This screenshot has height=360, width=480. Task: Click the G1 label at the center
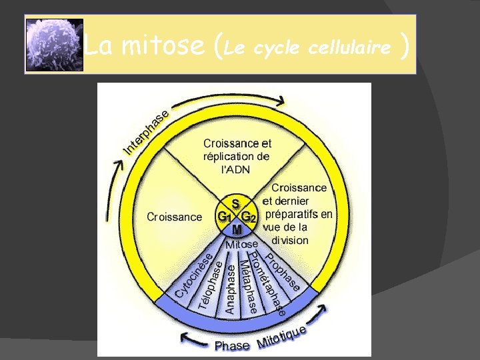(225, 217)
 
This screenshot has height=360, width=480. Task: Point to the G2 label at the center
(249, 217)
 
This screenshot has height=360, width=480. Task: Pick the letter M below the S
(237, 229)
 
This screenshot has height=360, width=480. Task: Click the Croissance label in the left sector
(173, 217)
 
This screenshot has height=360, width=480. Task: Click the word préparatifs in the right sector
(298, 214)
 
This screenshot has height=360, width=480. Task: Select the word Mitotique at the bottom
(281, 338)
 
